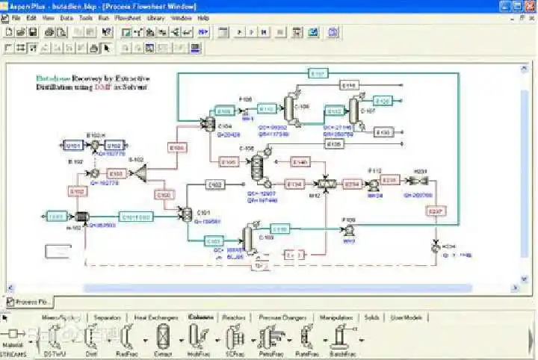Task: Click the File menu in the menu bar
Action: [15, 18]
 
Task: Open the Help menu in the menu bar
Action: [203, 18]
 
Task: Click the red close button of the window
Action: [528, 6]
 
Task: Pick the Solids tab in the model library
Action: [371, 317]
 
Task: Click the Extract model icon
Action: [163, 339]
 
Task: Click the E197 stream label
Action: [318, 73]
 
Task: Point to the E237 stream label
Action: [436, 212]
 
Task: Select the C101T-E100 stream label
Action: [136, 217]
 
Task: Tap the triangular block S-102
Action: [139, 172]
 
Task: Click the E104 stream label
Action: [177, 148]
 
